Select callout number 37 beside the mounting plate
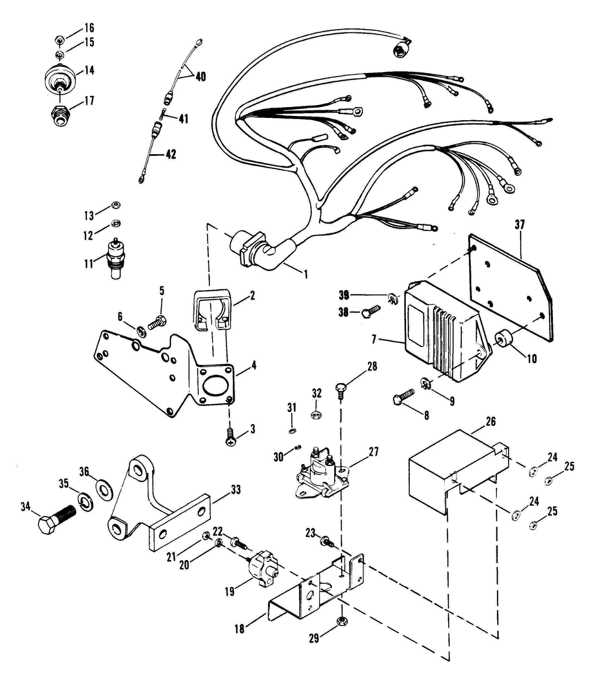click(520, 225)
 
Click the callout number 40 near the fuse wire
click(201, 77)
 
